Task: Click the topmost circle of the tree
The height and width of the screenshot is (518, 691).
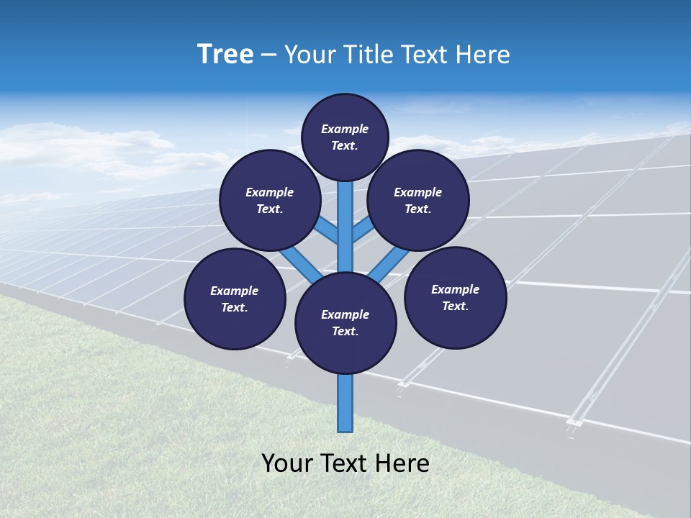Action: [345, 137]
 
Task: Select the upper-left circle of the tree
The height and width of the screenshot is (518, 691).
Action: [270, 200]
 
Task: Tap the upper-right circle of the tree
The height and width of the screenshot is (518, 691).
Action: [418, 200]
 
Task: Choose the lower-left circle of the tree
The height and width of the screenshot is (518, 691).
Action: [235, 299]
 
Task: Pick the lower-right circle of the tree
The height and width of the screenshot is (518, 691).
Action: [456, 297]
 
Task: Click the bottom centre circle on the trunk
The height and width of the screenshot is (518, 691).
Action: [345, 323]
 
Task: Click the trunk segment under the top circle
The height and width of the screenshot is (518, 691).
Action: [345, 223]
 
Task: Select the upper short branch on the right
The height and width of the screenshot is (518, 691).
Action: [363, 230]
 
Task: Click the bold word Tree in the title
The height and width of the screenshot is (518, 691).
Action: [225, 55]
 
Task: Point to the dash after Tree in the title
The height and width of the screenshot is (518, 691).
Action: [268, 55]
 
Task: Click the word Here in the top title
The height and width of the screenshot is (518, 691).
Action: [482, 55]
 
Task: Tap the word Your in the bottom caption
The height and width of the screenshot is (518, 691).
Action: [287, 463]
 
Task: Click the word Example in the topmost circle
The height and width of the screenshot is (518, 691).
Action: [345, 129]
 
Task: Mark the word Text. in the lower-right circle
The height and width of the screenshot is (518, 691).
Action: [455, 306]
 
